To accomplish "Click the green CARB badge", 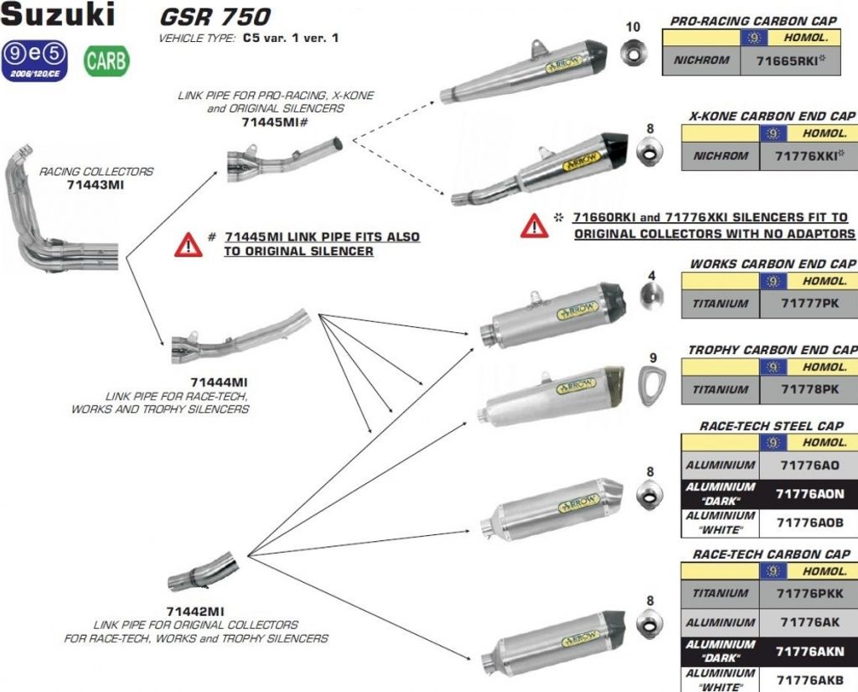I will pyautogui.click(x=106, y=61).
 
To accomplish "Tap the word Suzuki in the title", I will pyautogui.click(x=58, y=14).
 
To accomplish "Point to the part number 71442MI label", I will pyautogui.click(x=195, y=612).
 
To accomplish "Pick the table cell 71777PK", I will pyautogui.click(x=808, y=303).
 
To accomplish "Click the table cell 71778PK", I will pyautogui.click(x=808, y=389).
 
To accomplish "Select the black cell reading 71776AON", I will pyautogui.click(x=808, y=494).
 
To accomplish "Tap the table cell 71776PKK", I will pyautogui.click(x=808, y=593).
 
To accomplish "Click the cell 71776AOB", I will pyautogui.click(x=808, y=523).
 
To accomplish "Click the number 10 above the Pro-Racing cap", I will pyautogui.click(x=633, y=27).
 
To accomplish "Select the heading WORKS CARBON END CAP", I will pyautogui.click(x=773, y=264).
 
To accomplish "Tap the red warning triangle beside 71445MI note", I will pyautogui.click(x=189, y=244).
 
